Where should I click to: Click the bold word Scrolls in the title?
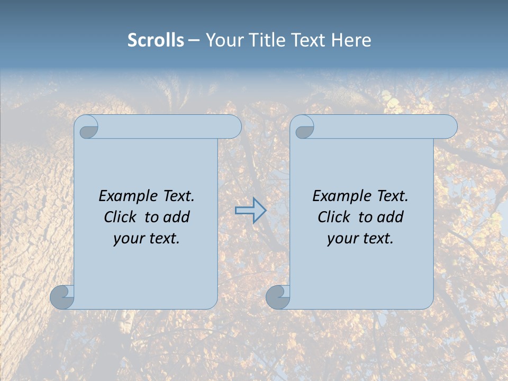pyautogui.click(x=156, y=40)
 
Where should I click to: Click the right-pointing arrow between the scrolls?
pyautogui.click(x=251, y=211)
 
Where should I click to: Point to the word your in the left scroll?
pyautogui.click(x=128, y=239)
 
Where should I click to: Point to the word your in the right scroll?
pyautogui.click(x=341, y=239)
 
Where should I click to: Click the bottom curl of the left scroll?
pyautogui.click(x=62, y=297)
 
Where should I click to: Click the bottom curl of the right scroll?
pyautogui.click(x=278, y=297)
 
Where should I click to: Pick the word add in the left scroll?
pyautogui.click(x=176, y=217)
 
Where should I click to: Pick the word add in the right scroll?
pyautogui.click(x=390, y=217)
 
